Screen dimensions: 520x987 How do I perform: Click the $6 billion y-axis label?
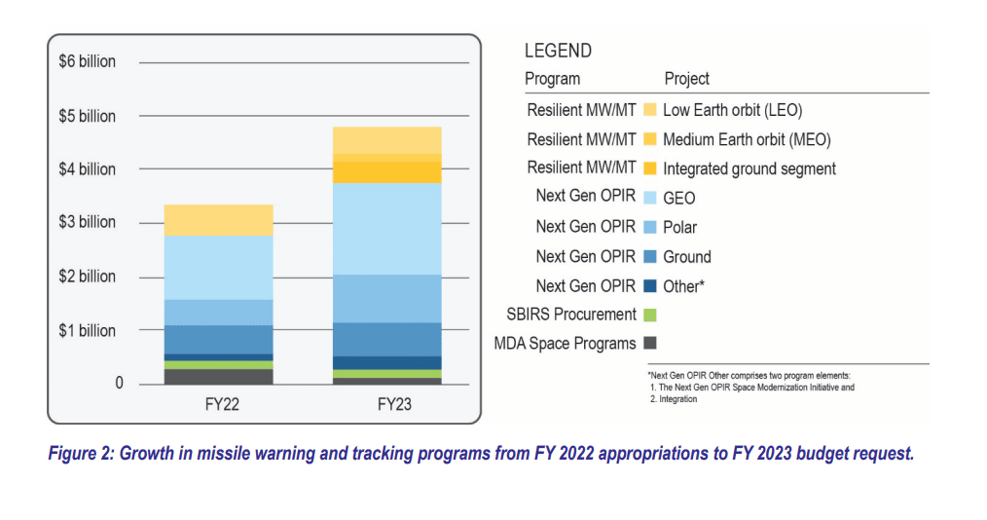point(87,62)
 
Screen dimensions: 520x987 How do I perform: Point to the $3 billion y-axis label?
point(87,222)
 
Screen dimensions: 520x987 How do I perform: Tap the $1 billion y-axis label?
point(87,331)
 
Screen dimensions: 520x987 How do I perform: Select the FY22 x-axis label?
point(218,404)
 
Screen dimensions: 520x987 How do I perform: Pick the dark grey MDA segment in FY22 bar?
point(218,376)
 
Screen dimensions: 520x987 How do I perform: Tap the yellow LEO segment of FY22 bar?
point(218,220)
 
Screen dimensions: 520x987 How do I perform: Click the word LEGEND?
point(558,52)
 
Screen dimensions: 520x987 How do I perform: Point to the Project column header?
point(686,79)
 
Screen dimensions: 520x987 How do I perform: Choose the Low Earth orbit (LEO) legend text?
point(732,110)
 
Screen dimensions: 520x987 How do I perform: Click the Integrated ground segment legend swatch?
point(650,168)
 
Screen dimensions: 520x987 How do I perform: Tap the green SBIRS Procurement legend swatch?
point(650,315)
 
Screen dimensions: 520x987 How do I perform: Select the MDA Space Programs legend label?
point(565,343)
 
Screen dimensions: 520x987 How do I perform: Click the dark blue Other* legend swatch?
point(650,286)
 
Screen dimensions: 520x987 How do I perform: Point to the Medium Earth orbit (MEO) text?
point(747,139)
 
